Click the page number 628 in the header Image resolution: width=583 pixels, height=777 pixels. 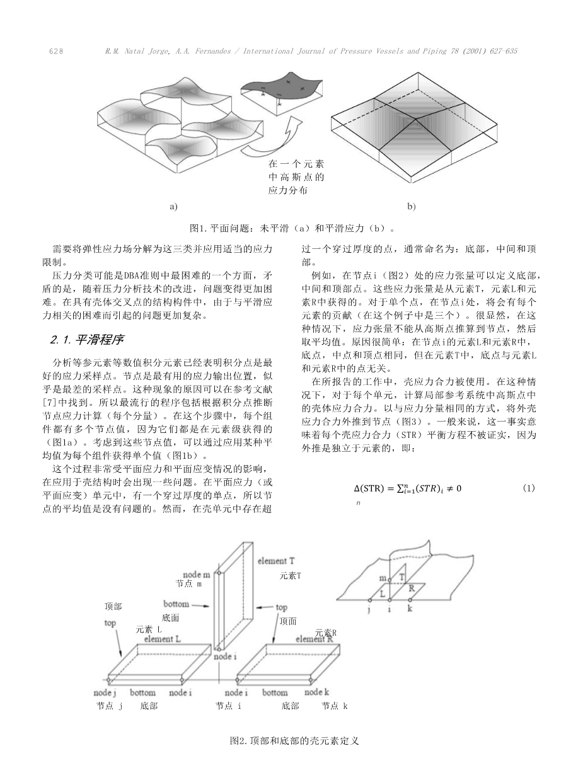56,51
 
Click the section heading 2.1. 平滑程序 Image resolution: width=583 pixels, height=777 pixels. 87,340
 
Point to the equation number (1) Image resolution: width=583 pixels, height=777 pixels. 528,488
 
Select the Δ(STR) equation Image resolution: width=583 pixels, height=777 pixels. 407,488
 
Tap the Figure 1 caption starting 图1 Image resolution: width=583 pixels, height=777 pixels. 292,228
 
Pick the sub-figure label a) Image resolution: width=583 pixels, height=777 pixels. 173,206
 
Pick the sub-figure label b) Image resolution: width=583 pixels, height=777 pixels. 411,206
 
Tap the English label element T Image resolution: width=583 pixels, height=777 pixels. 276,561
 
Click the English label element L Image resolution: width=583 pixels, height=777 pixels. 163,639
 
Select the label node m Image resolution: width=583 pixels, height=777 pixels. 197,575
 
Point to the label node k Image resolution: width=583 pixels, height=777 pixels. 317,692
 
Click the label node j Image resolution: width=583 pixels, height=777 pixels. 105,693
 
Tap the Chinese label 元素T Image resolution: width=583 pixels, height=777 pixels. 291,576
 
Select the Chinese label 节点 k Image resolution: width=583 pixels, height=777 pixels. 335,706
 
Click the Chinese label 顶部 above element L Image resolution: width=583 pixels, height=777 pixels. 113,607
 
